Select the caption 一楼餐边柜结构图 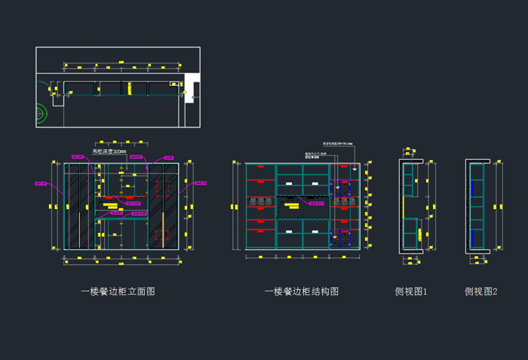coord(302,291)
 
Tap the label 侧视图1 coord(411,291)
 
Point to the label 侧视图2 coord(481,291)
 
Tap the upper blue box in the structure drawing coord(344,189)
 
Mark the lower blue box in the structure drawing coord(344,239)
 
